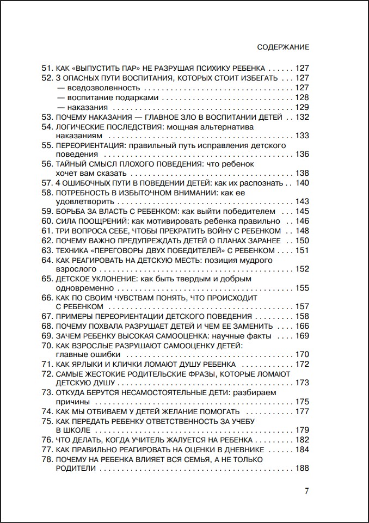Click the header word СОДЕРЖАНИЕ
(282, 47)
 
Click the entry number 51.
(47, 69)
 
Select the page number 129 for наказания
(302, 107)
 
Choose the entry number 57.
(47, 183)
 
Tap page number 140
(302, 183)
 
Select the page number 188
(302, 469)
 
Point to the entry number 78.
(47, 460)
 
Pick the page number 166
(302, 326)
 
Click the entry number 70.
(47, 345)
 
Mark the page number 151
(302, 250)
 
